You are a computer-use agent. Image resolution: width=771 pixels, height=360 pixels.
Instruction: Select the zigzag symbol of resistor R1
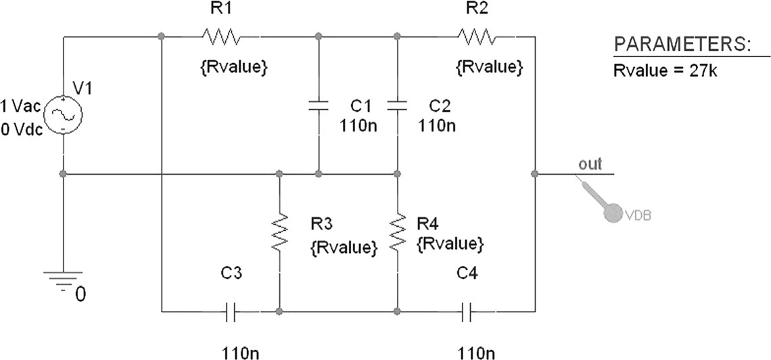pos(219,36)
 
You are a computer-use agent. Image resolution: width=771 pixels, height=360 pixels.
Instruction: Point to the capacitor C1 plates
pos(318,105)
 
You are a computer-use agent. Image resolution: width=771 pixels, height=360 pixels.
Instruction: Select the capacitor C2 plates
pos(398,105)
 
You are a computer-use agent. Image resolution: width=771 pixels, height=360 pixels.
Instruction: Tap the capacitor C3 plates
pos(231,312)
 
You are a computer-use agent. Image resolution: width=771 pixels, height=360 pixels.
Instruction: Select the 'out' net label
pos(590,164)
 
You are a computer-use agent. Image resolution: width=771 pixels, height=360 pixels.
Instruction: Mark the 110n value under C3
pos(239,352)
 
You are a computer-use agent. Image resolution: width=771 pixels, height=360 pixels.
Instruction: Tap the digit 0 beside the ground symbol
pos(80,295)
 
